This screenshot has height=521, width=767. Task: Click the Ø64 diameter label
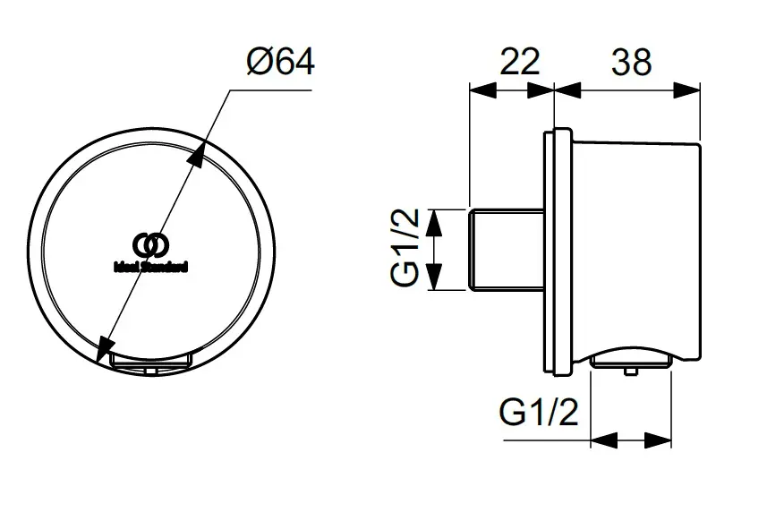click(279, 63)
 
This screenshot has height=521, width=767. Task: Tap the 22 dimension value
click(519, 62)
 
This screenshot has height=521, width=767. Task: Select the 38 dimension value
click(630, 62)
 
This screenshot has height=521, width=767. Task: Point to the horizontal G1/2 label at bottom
click(539, 414)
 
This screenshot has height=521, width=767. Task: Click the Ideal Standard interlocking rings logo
click(149, 243)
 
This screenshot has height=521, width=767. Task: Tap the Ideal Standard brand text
click(150, 265)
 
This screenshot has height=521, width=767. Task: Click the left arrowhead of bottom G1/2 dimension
click(603, 440)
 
